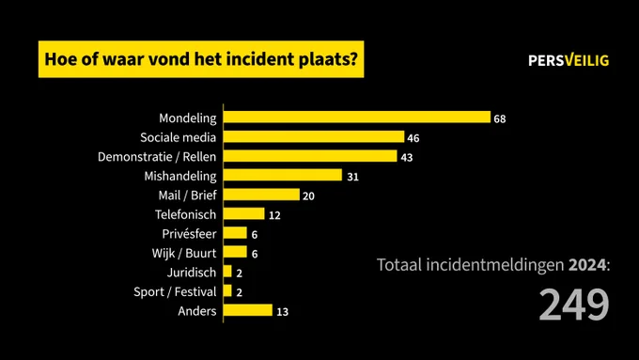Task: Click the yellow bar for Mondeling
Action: (x=357, y=117)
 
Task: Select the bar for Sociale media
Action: (x=314, y=136)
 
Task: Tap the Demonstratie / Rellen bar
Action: (x=310, y=156)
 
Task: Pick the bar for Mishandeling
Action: (x=283, y=175)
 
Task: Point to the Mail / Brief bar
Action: (x=261, y=195)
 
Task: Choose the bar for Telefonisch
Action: (x=244, y=213)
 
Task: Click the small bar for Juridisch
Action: (x=227, y=272)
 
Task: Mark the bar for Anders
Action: (x=248, y=310)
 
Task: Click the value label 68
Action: (x=500, y=119)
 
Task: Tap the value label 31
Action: (x=353, y=177)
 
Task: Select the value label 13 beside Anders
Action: (x=283, y=312)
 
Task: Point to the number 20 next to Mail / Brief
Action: (x=308, y=196)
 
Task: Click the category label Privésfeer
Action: (x=189, y=234)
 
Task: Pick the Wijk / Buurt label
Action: (x=184, y=253)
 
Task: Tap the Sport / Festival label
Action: (x=175, y=292)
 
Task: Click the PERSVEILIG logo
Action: (x=569, y=60)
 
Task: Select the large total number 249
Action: (x=574, y=305)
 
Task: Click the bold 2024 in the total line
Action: (x=587, y=265)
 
